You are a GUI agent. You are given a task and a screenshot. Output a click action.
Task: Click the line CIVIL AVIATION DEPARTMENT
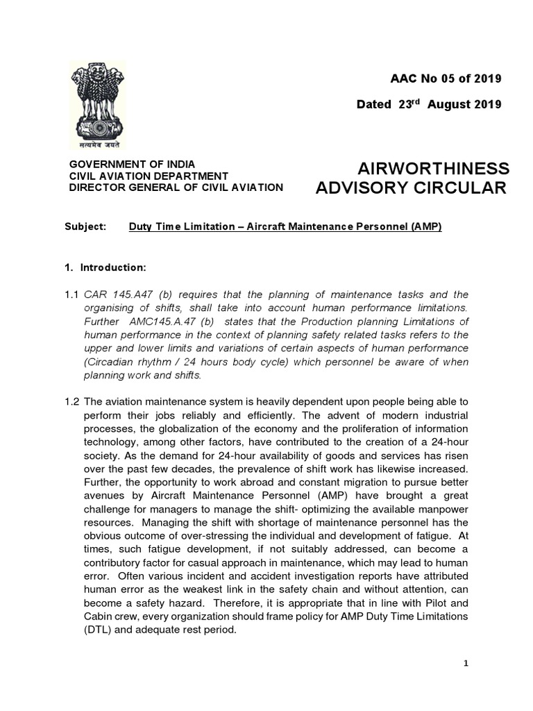(148, 176)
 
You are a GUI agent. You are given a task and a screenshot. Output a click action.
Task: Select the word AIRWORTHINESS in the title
(433, 169)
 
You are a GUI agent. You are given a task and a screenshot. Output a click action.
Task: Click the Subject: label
(85, 227)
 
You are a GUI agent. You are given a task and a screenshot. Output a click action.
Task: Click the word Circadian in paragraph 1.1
(110, 362)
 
